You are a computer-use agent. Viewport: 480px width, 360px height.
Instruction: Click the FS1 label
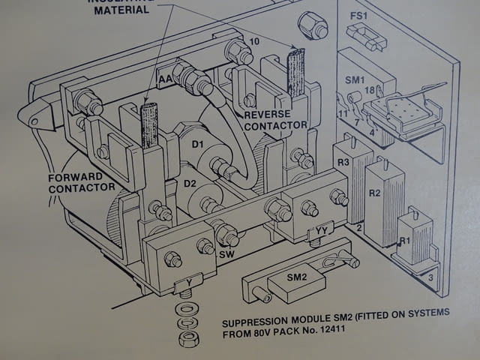359,16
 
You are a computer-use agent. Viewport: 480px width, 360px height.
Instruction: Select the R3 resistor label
343,162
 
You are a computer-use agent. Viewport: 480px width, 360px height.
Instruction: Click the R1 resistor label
404,242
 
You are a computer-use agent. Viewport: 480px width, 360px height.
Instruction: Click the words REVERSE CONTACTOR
275,119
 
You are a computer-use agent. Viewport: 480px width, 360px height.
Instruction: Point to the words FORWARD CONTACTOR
82,182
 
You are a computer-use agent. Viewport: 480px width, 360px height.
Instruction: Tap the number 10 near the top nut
255,41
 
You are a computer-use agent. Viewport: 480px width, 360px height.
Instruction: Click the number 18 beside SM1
368,91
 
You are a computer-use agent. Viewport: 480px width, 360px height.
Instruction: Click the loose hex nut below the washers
189,338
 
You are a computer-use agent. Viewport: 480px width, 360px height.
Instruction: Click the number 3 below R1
430,277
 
